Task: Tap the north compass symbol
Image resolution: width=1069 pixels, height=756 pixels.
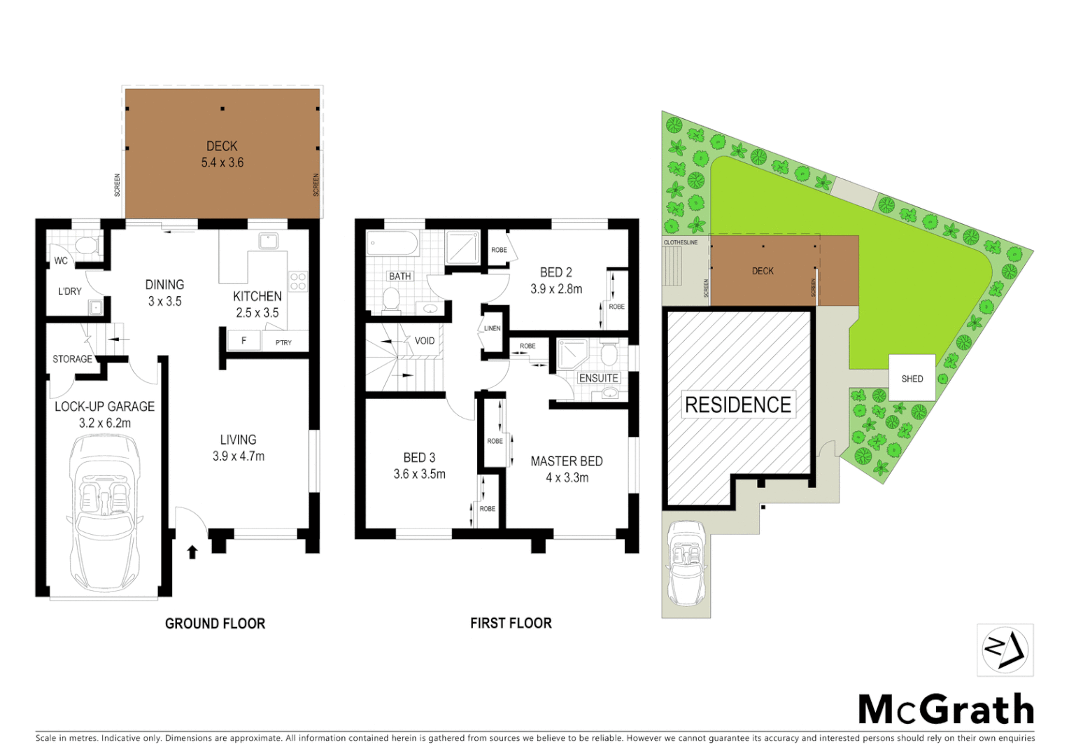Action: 1005,650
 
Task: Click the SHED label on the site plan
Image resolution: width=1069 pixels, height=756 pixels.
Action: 912,379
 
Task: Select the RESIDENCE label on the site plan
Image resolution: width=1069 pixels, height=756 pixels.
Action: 737,405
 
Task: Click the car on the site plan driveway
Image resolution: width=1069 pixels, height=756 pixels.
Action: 686,563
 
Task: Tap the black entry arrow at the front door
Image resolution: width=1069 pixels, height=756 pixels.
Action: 192,552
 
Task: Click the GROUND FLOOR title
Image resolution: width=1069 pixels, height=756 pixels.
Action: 215,623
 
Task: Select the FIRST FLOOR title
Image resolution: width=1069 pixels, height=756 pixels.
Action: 511,623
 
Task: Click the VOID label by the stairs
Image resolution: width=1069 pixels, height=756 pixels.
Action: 425,341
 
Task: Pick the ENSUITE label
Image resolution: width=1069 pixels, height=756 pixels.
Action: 598,378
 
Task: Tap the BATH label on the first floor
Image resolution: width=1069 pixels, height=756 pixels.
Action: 399,276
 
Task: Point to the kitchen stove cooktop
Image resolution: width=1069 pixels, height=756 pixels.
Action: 298,281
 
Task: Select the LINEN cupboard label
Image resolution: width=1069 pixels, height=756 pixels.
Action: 492,328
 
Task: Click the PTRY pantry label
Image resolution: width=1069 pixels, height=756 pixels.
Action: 283,342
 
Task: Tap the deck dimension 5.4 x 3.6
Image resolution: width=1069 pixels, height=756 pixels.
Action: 222,162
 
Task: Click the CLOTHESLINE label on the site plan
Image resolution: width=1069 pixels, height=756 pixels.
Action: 680,242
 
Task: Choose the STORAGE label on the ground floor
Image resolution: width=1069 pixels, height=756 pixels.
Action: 72,359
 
